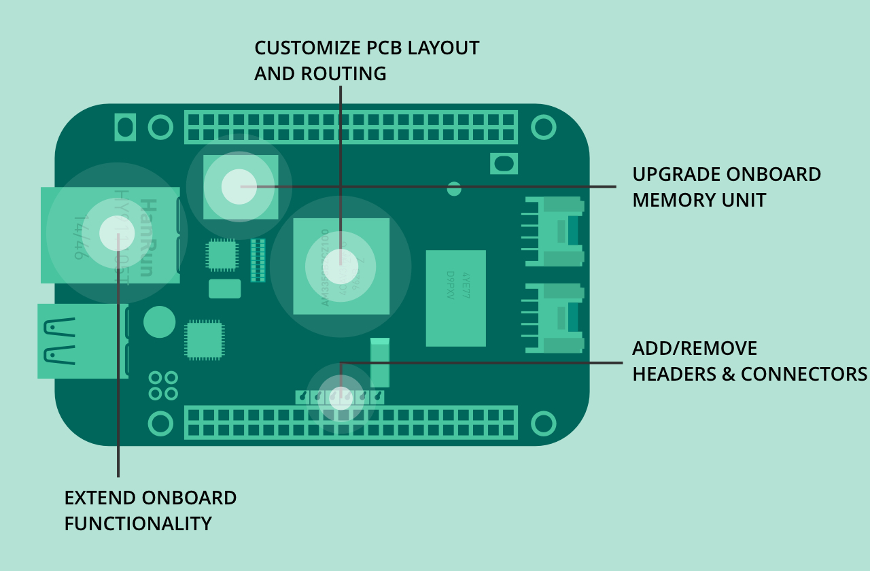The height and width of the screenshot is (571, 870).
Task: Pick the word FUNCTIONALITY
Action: (138, 523)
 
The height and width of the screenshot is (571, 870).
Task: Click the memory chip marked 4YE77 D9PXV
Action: (456, 298)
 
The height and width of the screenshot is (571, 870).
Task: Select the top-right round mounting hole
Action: (543, 127)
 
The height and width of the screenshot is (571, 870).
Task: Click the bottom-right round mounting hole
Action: (543, 423)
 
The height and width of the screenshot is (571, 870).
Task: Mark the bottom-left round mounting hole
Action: (160, 423)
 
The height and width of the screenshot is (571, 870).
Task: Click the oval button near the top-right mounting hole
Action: (504, 163)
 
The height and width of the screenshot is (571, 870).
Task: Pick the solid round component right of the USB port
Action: (160, 322)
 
